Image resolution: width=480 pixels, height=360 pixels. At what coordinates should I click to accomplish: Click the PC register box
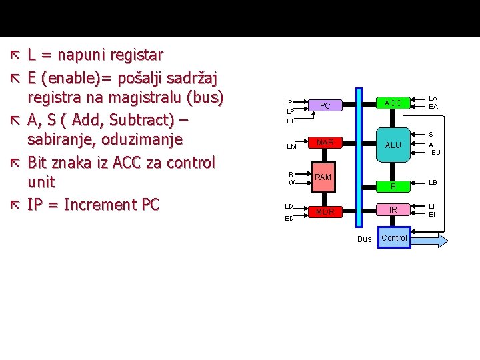click(325, 106)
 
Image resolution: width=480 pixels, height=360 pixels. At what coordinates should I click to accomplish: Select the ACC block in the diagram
click(393, 103)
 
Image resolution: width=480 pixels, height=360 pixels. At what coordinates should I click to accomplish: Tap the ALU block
click(393, 145)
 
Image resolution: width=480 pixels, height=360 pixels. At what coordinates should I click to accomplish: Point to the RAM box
click(323, 177)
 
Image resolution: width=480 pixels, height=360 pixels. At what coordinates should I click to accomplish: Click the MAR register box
click(325, 143)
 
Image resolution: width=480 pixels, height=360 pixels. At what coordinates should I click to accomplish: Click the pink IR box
click(393, 210)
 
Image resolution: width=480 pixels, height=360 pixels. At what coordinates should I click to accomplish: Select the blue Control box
click(394, 238)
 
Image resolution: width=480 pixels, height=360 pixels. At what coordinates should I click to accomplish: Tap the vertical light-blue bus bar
click(359, 160)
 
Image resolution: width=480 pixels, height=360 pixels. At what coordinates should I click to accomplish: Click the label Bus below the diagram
click(365, 239)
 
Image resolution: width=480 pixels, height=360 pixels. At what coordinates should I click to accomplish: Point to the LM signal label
click(291, 147)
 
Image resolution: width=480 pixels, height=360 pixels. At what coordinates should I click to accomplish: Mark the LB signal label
click(433, 182)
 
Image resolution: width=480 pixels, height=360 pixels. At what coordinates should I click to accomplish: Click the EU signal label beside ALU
click(436, 152)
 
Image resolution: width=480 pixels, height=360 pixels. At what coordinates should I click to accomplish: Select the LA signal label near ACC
click(433, 98)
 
